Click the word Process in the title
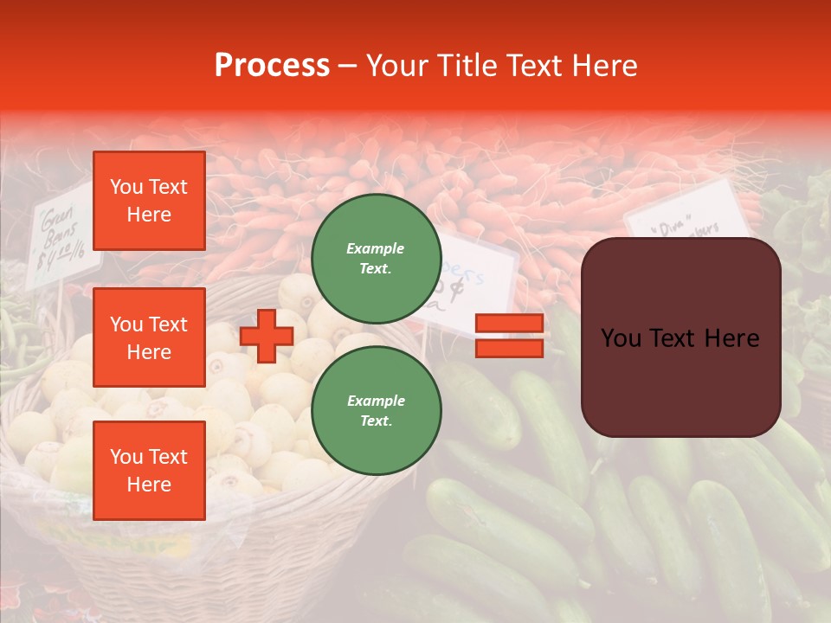(272, 66)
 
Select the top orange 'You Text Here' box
(149, 201)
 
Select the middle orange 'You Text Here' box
(149, 337)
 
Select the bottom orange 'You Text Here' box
(149, 470)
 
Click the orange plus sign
(267, 336)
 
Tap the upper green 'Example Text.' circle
(376, 259)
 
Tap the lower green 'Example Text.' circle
(376, 411)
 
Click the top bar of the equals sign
(509, 324)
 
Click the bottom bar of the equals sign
(509, 348)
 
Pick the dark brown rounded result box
(680, 337)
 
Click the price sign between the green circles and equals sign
(472, 281)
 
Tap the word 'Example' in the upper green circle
(376, 248)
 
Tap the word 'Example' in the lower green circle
(376, 401)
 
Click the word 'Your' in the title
(397, 66)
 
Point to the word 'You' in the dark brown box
(621, 338)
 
